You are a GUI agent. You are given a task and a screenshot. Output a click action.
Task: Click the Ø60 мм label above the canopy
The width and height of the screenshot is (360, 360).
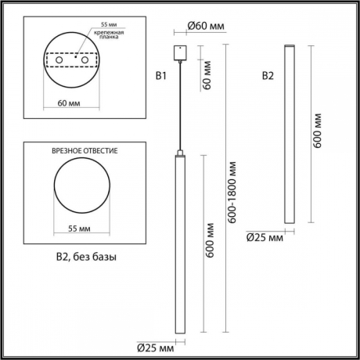(206, 27)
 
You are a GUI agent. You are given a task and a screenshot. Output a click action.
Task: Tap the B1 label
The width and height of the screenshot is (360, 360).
(162, 76)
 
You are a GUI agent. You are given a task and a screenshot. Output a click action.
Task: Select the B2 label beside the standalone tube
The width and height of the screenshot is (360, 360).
(268, 76)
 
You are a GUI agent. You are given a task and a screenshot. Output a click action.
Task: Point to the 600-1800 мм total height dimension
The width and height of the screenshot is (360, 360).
(232, 192)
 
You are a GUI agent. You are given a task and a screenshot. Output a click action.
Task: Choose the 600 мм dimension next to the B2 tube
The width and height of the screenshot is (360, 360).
(317, 130)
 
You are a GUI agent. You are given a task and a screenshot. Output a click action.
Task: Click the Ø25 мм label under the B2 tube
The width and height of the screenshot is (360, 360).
(265, 237)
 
